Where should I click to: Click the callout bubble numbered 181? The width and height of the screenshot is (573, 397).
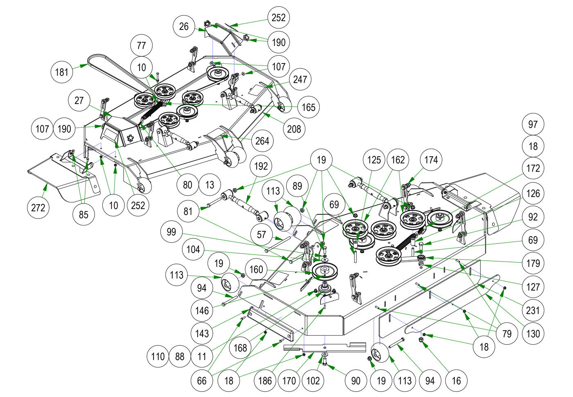62,72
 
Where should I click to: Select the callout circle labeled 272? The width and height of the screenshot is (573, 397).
38,208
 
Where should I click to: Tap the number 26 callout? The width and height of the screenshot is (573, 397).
184,27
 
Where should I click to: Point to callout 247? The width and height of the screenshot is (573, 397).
300,79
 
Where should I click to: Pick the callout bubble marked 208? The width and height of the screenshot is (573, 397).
294,129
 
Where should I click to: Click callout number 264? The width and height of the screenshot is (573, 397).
262,141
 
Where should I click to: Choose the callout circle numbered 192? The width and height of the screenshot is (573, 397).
261,166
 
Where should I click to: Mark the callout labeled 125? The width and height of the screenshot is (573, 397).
374,160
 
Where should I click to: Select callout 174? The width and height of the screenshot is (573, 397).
431,160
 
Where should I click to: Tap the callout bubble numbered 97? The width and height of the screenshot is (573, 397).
533,124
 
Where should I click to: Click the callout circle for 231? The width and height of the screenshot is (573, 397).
533,310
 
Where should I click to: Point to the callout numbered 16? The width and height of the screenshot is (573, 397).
456,381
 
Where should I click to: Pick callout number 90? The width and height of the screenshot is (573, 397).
356,381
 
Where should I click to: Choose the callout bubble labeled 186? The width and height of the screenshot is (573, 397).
265,381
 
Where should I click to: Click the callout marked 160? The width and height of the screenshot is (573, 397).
256,270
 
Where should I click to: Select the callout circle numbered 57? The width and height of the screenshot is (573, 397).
261,235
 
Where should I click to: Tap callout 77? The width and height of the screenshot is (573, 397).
141,45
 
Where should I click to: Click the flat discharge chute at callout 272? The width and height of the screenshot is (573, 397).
57,176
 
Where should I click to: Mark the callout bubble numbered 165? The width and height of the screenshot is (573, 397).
308,107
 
